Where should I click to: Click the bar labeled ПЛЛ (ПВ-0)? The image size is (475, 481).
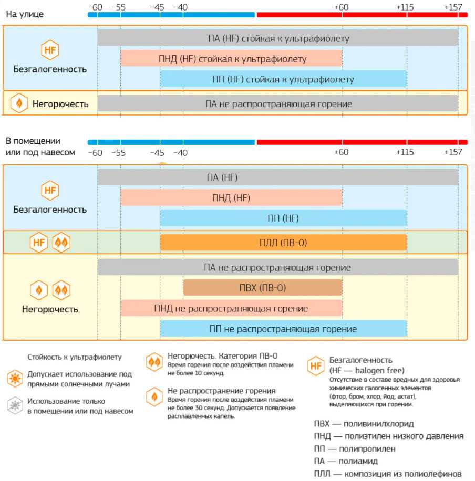283,243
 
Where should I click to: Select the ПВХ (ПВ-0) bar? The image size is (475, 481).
263,288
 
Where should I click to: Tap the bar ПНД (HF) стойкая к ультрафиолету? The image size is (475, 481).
231,59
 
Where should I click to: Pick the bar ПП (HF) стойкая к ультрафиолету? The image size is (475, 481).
283,79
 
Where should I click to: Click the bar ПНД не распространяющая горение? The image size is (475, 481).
231,308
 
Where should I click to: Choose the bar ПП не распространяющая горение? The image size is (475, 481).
283,329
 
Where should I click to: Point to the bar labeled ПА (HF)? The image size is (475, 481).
277,177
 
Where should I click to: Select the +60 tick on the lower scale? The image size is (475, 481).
341,152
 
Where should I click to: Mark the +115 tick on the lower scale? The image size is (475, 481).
405,152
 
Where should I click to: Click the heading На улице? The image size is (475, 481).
25,14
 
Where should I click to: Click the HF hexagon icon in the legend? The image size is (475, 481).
316,366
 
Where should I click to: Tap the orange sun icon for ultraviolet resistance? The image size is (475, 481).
15,378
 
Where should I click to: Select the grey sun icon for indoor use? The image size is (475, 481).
15,405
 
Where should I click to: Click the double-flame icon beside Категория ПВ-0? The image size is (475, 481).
154,362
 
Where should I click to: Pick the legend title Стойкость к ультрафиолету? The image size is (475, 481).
74,357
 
